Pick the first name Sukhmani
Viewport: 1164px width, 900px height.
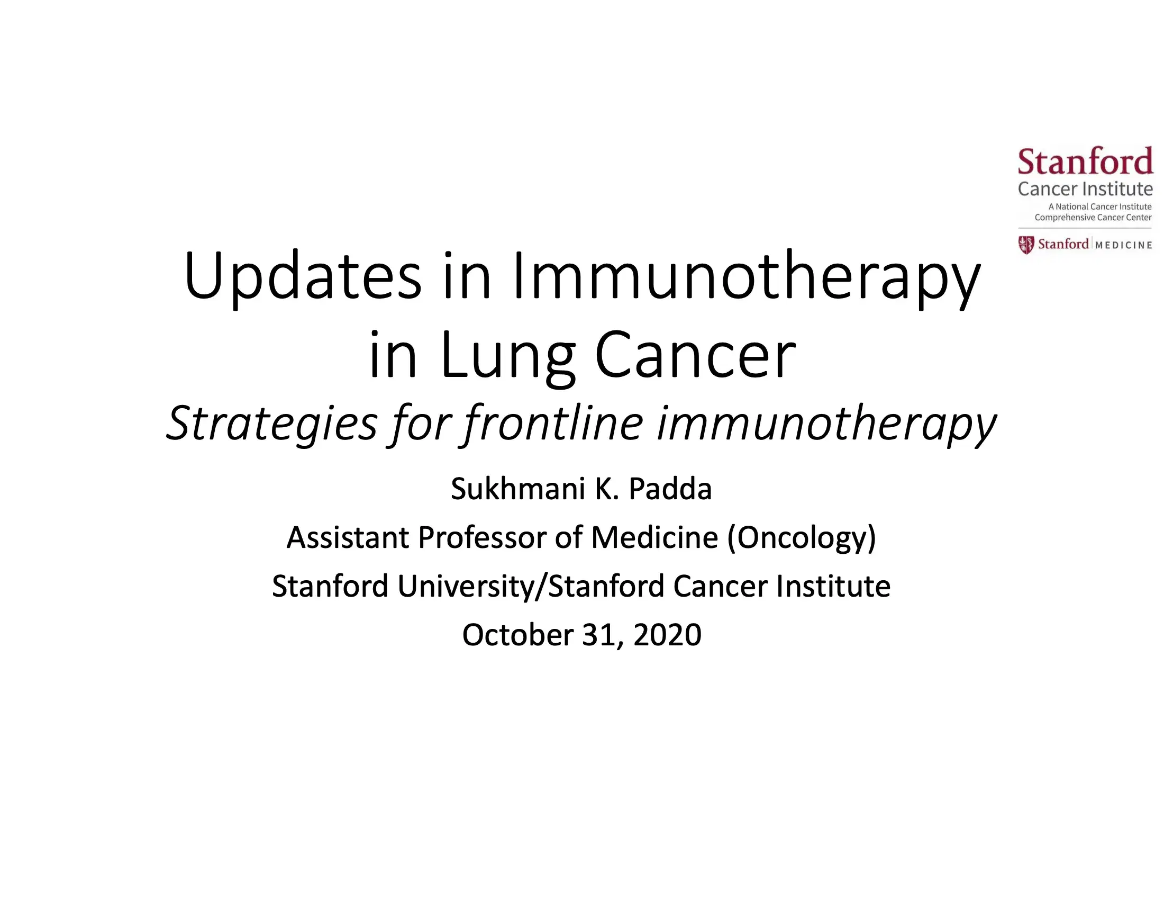517,489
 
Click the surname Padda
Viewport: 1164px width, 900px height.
670,489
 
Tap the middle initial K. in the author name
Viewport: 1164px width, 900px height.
606,489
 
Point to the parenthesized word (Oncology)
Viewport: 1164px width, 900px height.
802,537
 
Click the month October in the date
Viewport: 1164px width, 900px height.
517,634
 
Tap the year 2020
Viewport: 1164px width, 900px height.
667,634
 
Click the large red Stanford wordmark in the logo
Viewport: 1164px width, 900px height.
1085,162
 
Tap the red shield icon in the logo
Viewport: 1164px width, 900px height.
1026,245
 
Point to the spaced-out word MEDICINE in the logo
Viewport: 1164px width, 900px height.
1123,245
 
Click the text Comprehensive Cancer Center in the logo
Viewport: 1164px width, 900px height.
1093,218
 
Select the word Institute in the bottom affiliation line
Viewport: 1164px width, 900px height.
833,586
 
